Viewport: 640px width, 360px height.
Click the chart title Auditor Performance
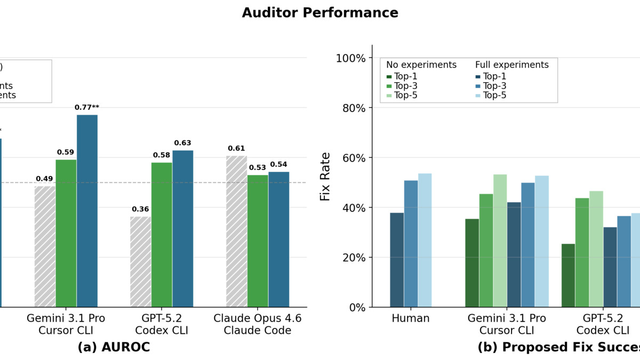320,13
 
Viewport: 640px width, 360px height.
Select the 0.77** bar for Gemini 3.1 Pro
87,211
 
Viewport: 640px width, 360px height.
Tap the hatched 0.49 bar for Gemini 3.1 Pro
45,246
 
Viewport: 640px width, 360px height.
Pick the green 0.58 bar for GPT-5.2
162,235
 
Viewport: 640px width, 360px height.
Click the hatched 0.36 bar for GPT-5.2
141,262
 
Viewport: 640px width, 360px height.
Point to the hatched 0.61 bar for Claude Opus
236,231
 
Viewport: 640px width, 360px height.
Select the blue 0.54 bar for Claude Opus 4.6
278,239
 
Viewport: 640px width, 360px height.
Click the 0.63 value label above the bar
182,143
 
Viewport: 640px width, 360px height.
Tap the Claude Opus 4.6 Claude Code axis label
258,324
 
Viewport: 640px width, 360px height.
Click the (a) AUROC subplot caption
114,347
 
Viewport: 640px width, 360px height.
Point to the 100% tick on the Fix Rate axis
350,58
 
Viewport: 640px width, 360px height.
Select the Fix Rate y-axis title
325,177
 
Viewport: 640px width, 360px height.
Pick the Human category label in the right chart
411,318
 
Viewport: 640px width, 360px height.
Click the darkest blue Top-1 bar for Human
397,260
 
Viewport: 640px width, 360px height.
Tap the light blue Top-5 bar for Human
425,240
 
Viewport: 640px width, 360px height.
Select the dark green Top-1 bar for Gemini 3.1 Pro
472,262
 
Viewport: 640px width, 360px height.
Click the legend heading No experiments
421,65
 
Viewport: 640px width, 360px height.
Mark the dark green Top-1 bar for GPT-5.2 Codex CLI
568,275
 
